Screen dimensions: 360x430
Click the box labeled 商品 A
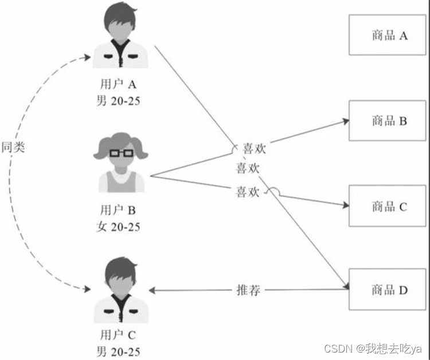click(x=388, y=36)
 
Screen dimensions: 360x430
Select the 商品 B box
click(x=388, y=121)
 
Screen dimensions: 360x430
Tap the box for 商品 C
click(x=388, y=206)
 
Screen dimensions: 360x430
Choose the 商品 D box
click(x=388, y=290)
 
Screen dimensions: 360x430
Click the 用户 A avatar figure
click(x=122, y=38)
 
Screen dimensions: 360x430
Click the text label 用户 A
click(x=118, y=85)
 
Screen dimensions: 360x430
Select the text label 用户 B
click(x=118, y=210)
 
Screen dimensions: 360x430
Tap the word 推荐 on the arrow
click(x=249, y=290)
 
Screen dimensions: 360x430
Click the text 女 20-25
click(x=118, y=226)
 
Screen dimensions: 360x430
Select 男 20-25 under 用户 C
click(x=118, y=351)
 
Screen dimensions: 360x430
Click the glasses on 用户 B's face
click(x=121, y=153)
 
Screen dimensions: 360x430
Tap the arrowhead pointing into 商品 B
click(x=345, y=121)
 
